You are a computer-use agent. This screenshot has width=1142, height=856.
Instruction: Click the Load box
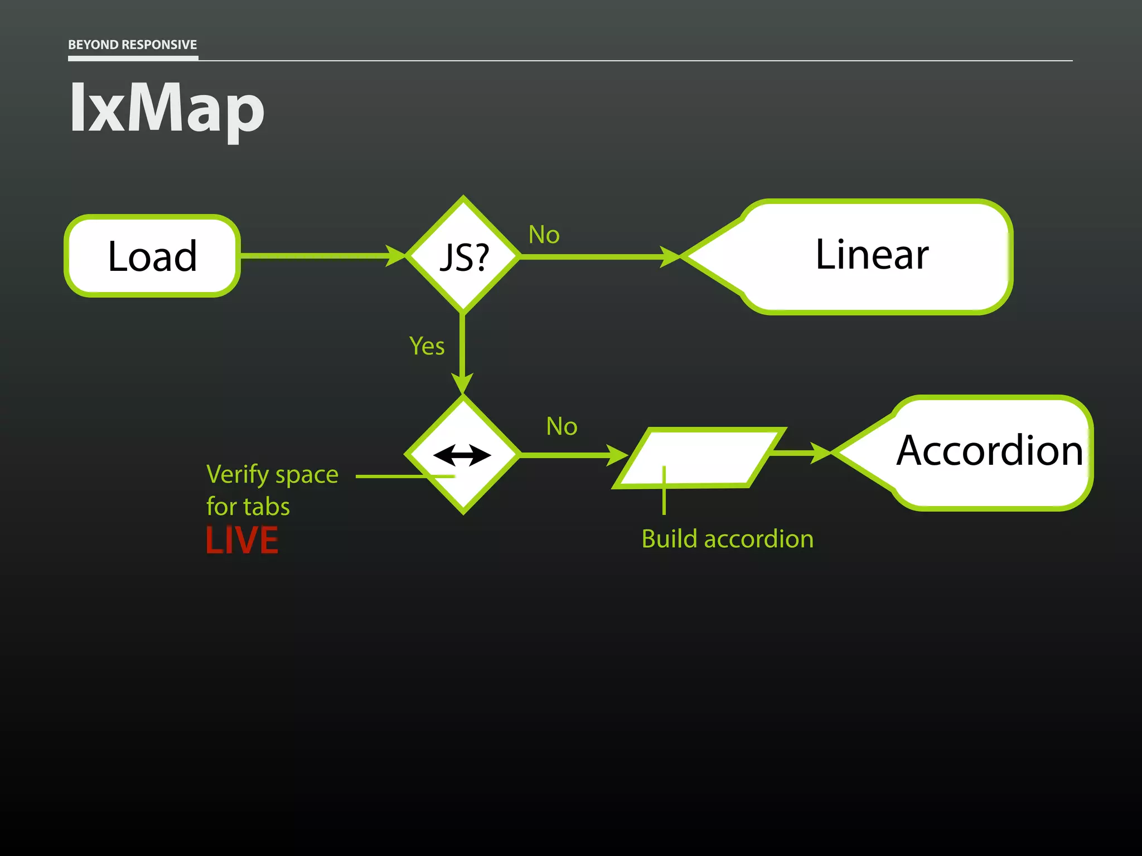[x=152, y=256]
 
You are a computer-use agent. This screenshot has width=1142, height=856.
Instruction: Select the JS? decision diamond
[x=463, y=256]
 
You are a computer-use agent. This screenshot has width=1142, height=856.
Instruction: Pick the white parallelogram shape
[x=699, y=457]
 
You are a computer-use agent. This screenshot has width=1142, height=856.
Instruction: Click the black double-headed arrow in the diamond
[x=462, y=455]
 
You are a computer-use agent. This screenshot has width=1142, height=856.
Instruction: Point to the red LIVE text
[x=242, y=540]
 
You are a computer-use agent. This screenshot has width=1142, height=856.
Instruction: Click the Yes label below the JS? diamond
[x=427, y=346]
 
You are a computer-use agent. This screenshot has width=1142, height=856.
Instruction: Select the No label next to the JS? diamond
[x=544, y=235]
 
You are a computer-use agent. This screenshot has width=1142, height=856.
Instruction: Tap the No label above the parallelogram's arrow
[x=562, y=426]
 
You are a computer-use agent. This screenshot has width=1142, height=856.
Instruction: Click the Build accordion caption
[x=727, y=539]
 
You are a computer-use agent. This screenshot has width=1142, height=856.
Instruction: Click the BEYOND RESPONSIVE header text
[x=132, y=45]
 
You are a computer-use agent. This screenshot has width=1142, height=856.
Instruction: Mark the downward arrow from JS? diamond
[x=462, y=351]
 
